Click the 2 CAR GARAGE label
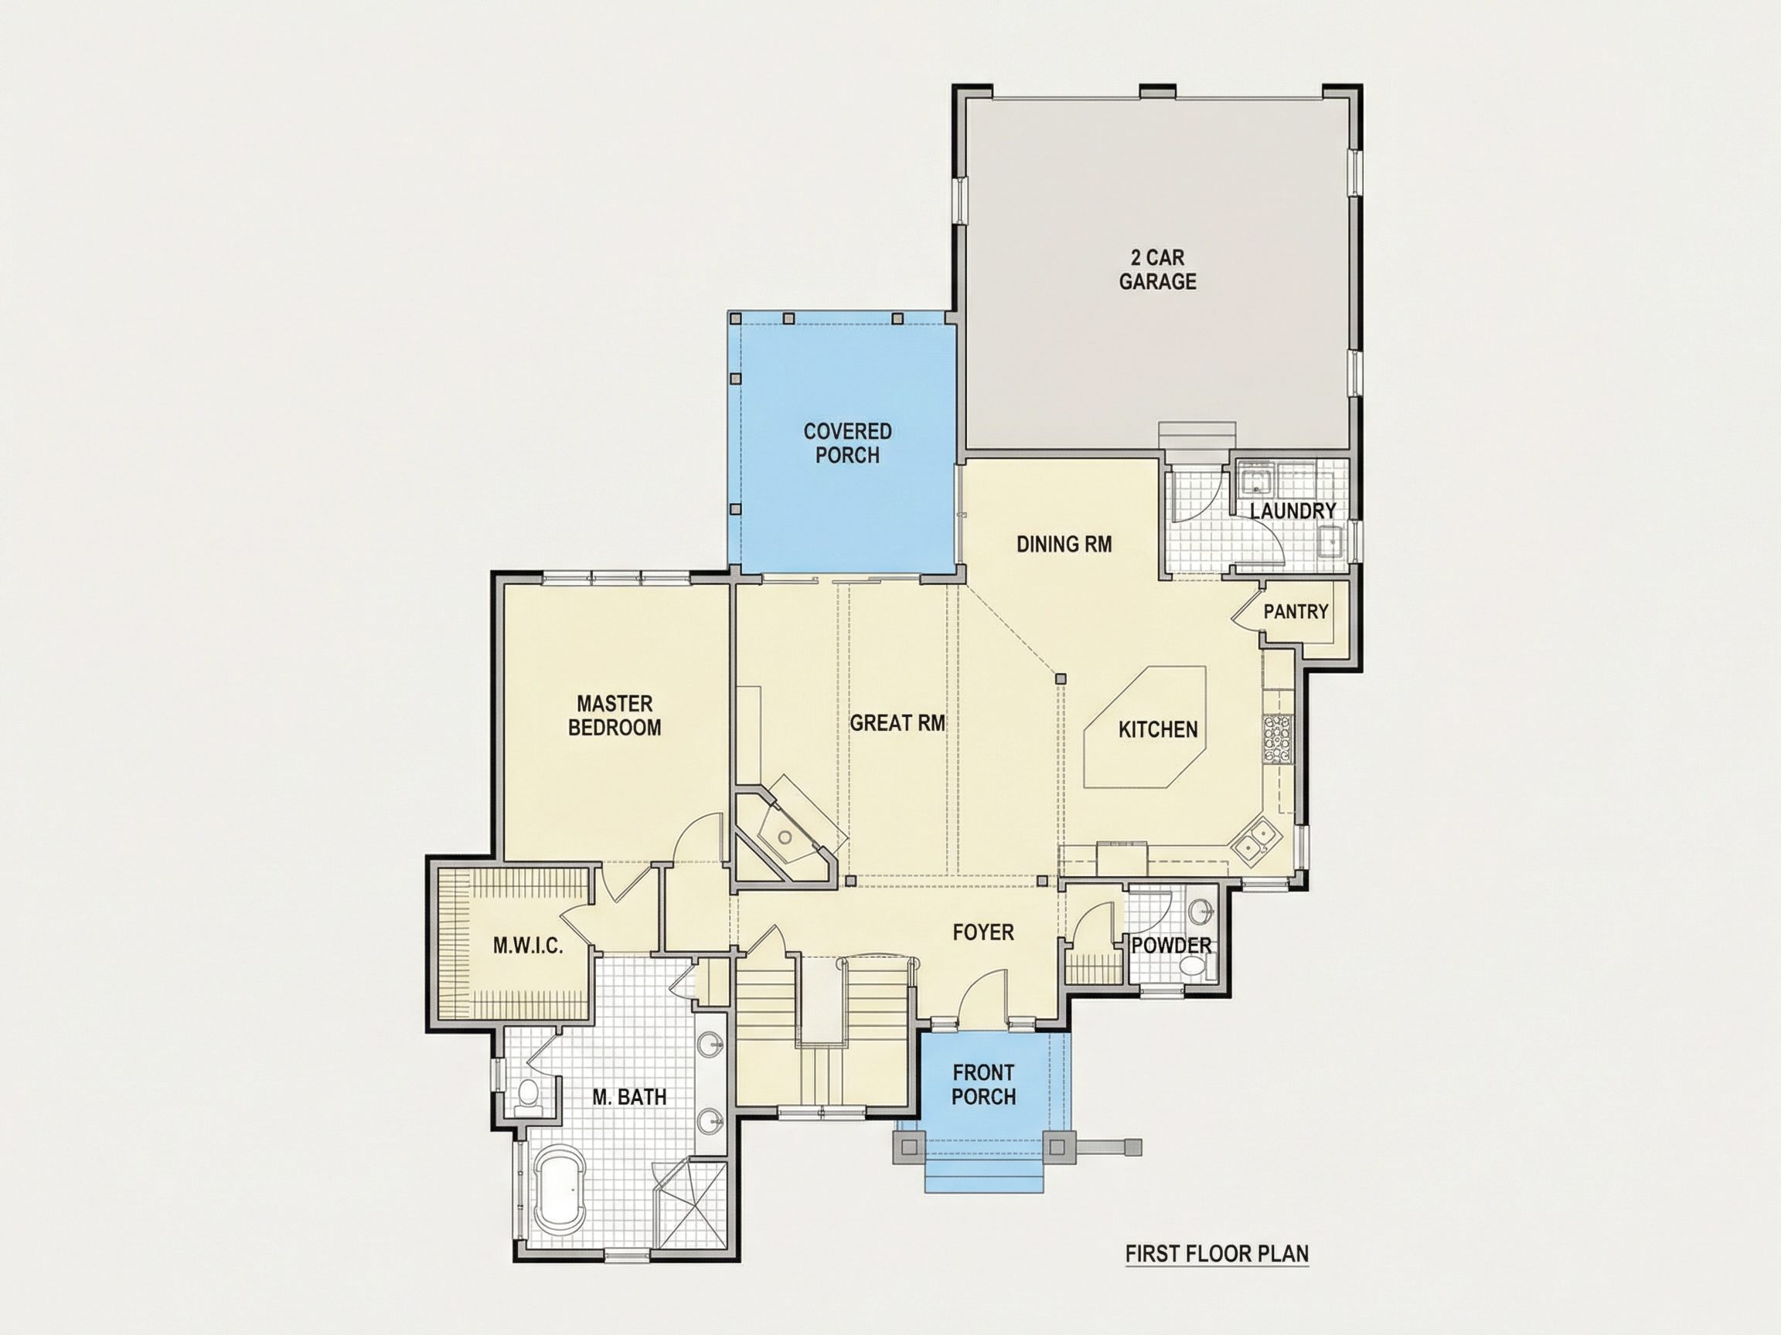pyautogui.click(x=1158, y=270)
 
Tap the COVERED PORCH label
pyautogui.click(x=848, y=443)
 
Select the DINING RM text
pyautogui.click(x=1064, y=545)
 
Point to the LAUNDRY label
pyautogui.click(x=1293, y=511)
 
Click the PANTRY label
pyautogui.click(x=1296, y=612)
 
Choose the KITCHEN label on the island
pyautogui.click(x=1159, y=730)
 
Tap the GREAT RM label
pyautogui.click(x=897, y=723)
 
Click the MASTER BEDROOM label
pyautogui.click(x=615, y=715)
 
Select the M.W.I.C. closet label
pyautogui.click(x=528, y=946)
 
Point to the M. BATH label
pyautogui.click(x=630, y=1097)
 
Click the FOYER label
pyautogui.click(x=983, y=932)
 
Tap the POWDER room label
pyautogui.click(x=1172, y=946)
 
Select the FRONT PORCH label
pyautogui.click(x=984, y=1085)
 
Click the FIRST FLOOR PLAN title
pyautogui.click(x=1217, y=1254)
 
